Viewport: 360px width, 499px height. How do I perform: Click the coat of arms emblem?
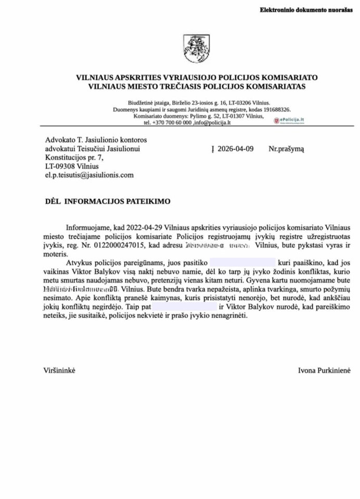coord(191,49)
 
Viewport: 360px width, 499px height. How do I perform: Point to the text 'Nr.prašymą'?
coord(286,149)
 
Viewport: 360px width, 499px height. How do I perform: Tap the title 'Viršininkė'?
coord(60,371)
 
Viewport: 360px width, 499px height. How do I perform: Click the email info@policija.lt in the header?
coord(212,123)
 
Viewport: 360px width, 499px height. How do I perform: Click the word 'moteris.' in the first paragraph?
coord(55,255)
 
